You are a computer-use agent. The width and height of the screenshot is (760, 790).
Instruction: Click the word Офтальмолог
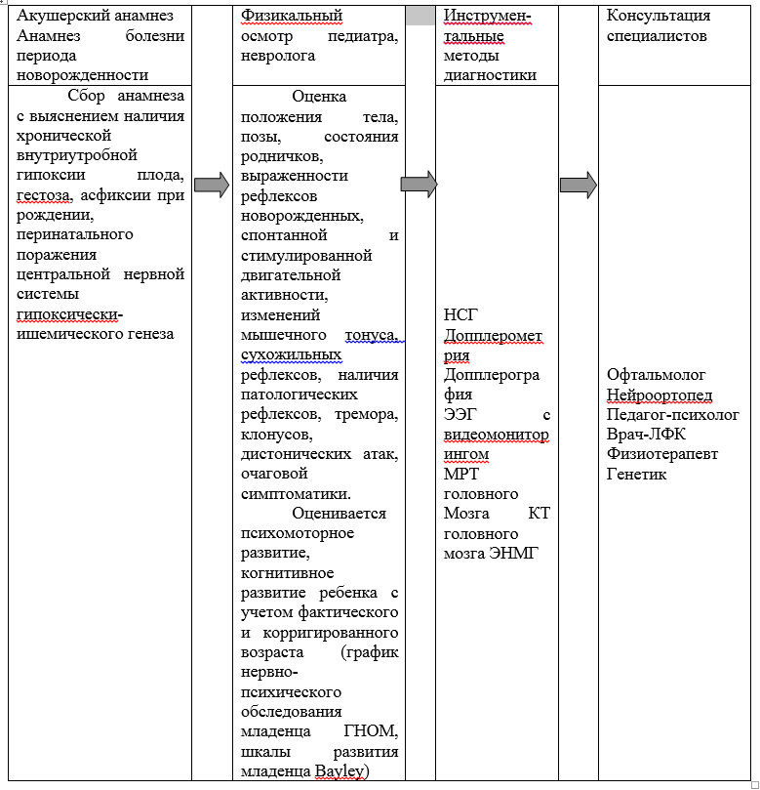point(656,375)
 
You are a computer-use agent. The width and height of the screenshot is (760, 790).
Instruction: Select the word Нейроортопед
point(659,395)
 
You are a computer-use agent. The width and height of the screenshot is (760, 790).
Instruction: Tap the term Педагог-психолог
point(672,415)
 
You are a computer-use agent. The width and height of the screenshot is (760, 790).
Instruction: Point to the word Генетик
point(636,475)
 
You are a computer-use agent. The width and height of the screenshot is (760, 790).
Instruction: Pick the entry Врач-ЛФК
point(645,435)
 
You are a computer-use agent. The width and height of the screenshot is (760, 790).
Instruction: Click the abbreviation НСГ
point(460,315)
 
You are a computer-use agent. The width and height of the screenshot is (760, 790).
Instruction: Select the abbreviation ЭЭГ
point(459,415)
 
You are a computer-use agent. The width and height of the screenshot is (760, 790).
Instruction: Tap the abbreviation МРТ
point(460,475)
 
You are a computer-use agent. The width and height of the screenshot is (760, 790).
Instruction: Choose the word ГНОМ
point(372,731)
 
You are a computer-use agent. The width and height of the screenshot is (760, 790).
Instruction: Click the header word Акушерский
point(60,16)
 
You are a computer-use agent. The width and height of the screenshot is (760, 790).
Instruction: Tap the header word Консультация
point(659,16)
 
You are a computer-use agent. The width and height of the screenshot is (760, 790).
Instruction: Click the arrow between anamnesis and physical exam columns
point(212,184)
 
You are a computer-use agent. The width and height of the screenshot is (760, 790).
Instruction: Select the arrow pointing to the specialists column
point(578,184)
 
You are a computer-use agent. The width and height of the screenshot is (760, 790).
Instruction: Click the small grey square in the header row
point(420,16)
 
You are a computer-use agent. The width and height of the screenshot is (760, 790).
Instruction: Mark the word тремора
point(367,414)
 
